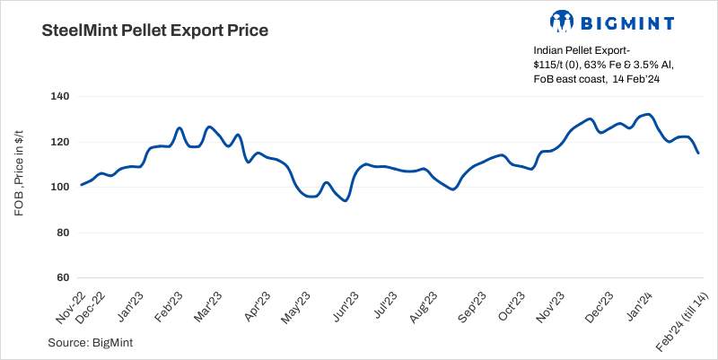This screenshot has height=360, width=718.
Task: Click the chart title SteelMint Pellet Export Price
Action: (155, 31)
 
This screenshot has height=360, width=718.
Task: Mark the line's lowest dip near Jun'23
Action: (345, 200)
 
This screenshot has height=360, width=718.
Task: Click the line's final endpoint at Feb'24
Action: (698, 153)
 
